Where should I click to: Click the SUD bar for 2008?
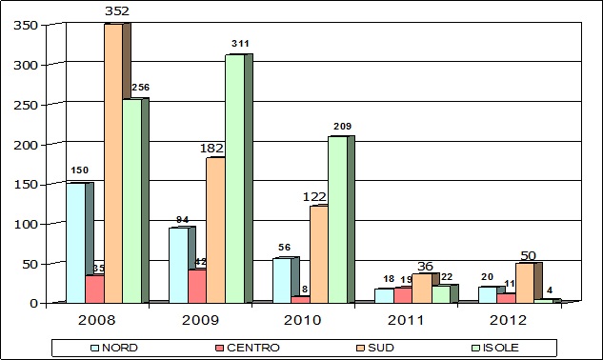click(x=112, y=162)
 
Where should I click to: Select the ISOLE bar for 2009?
click(x=234, y=178)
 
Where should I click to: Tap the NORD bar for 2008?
click(x=75, y=242)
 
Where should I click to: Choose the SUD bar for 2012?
click(x=524, y=283)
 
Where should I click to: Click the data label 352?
click(x=117, y=11)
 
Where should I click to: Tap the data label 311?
click(x=240, y=44)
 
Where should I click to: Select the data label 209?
click(x=342, y=126)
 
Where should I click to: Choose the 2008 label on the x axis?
click(x=94, y=321)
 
